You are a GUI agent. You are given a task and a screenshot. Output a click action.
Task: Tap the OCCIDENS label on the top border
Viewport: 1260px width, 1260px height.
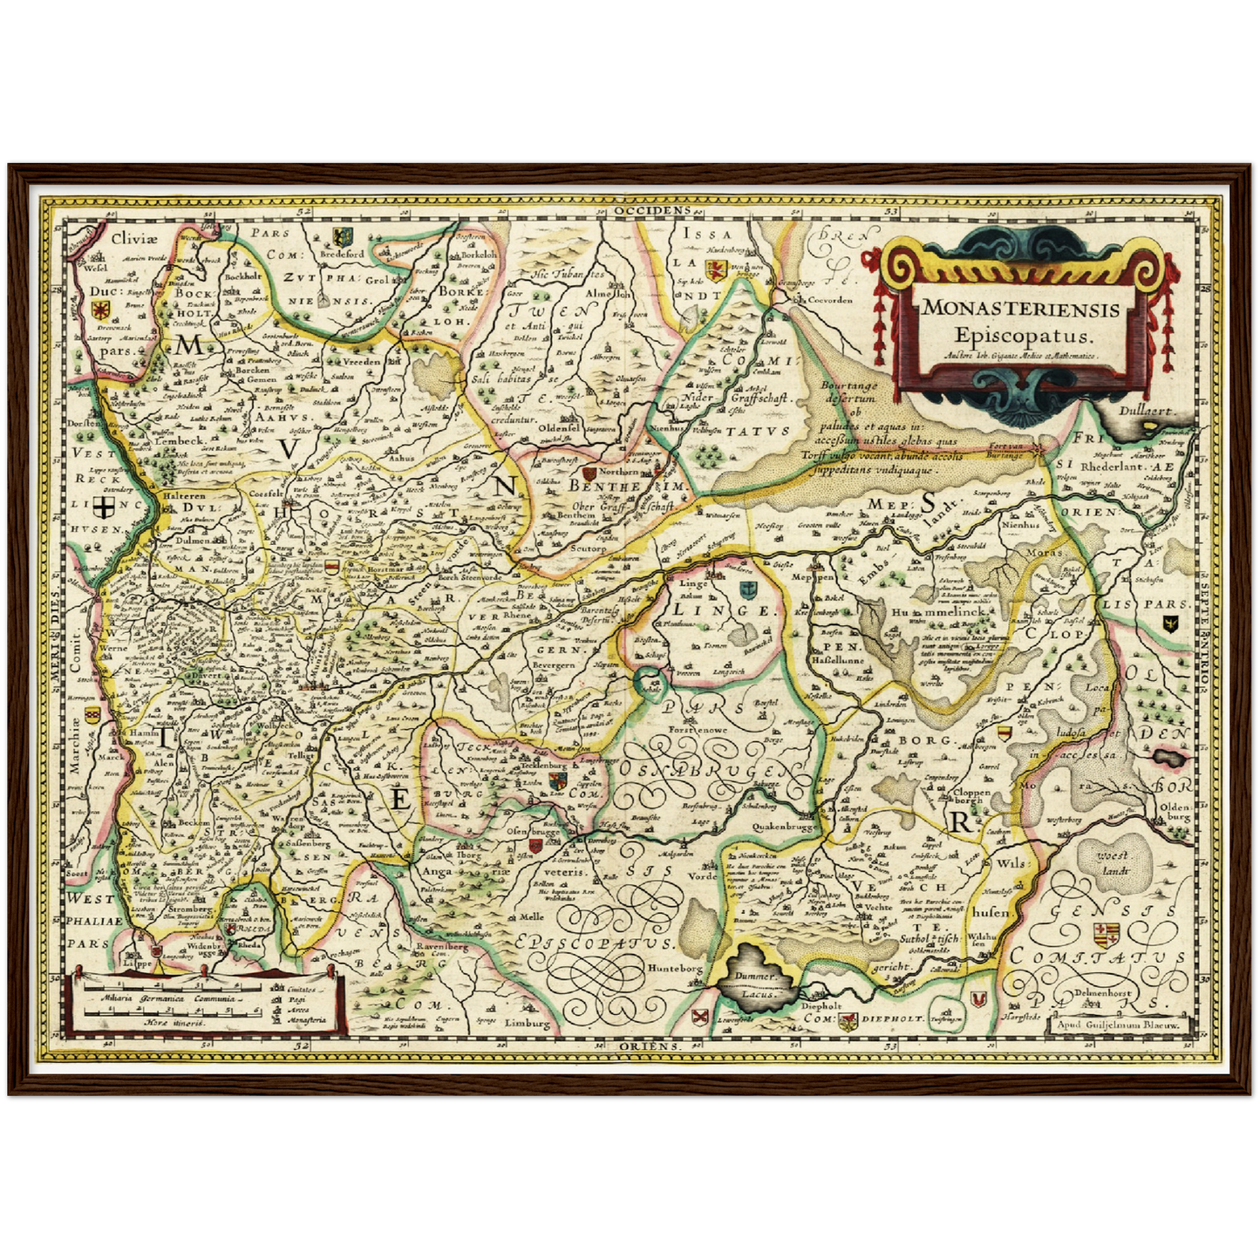[x=650, y=210]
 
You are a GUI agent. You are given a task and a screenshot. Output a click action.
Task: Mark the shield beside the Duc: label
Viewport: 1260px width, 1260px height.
[x=101, y=310]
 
